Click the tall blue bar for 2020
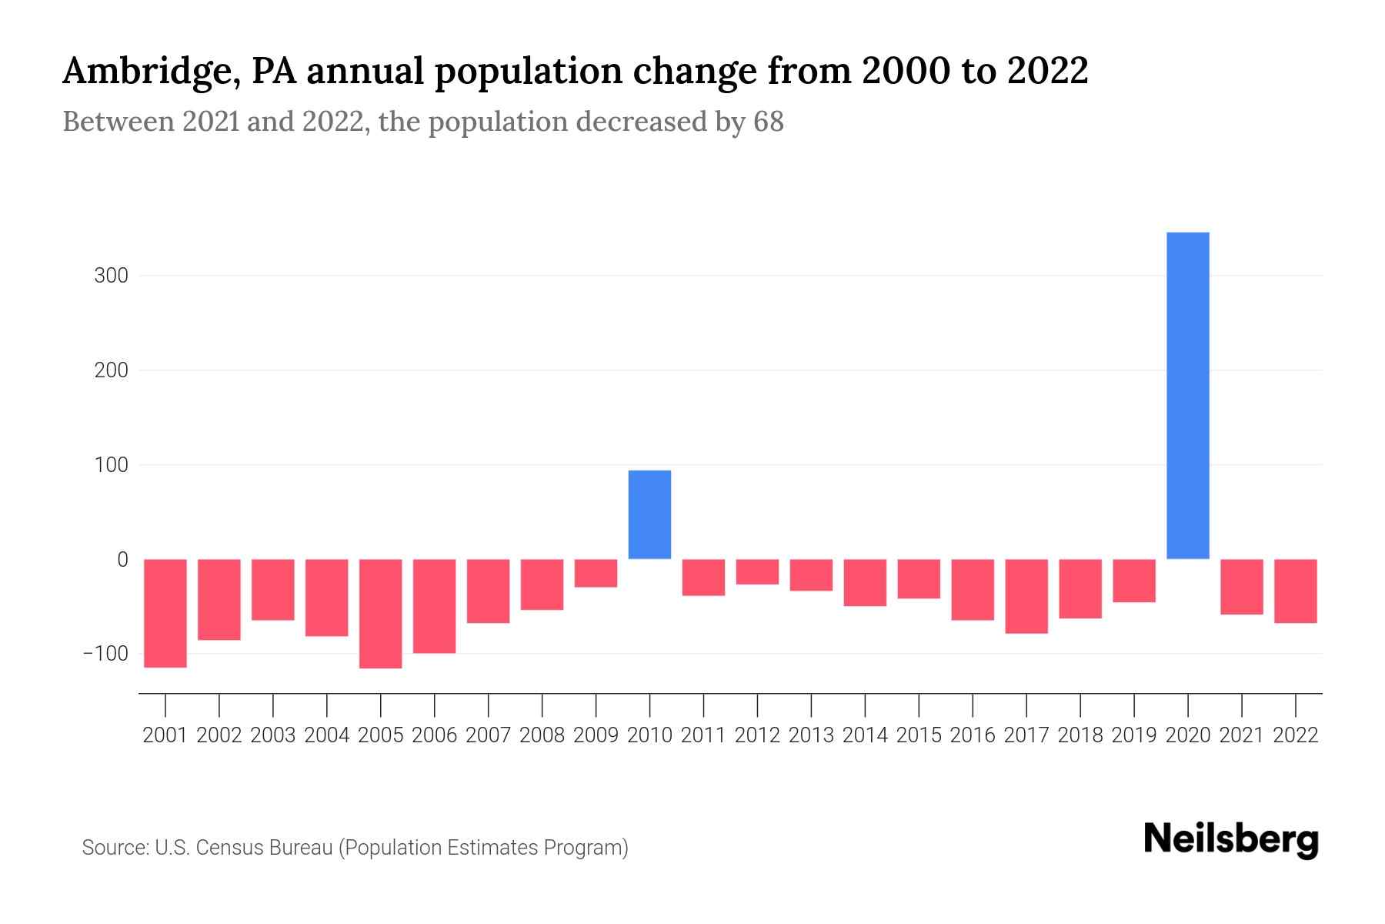[1187, 395]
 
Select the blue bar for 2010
[649, 514]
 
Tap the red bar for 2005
[380, 614]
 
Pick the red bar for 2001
[165, 613]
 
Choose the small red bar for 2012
[757, 572]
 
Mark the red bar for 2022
[1296, 591]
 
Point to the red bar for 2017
[1026, 596]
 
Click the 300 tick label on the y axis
[111, 276]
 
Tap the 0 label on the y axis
[122, 560]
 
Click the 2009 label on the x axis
[596, 735]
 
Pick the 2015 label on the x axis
[919, 735]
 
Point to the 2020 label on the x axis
[1187, 735]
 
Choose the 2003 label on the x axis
[273, 735]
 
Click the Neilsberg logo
[1231, 840]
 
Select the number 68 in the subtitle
[768, 122]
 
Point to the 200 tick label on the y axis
[111, 370]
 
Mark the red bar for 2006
[434, 606]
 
